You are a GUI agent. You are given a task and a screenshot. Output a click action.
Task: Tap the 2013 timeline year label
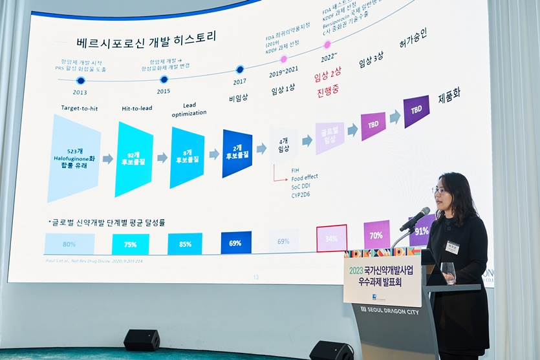tap(80, 92)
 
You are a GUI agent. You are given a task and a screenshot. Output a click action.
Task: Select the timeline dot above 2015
tap(164, 79)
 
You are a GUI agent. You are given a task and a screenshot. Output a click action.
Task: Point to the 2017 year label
tap(239, 82)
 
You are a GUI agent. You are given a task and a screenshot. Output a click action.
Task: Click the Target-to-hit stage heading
tap(80, 108)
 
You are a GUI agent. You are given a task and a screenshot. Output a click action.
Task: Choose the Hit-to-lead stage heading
tap(137, 108)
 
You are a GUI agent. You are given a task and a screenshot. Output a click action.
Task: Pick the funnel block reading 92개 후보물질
tap(134, 158)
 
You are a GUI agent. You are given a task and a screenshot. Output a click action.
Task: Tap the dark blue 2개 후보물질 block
tap(237, 153)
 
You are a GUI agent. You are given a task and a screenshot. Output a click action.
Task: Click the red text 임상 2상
tap(327, 76)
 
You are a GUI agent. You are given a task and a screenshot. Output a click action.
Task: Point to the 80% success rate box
tap(69, 244)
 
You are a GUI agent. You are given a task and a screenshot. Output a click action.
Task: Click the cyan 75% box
tap(130, 244)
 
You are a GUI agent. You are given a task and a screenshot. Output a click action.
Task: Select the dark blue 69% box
tap(235, 242)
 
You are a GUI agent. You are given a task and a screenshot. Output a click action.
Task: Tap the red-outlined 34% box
tap(331, 238)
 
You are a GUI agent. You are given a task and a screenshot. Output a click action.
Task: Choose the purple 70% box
tap(376, 235)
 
